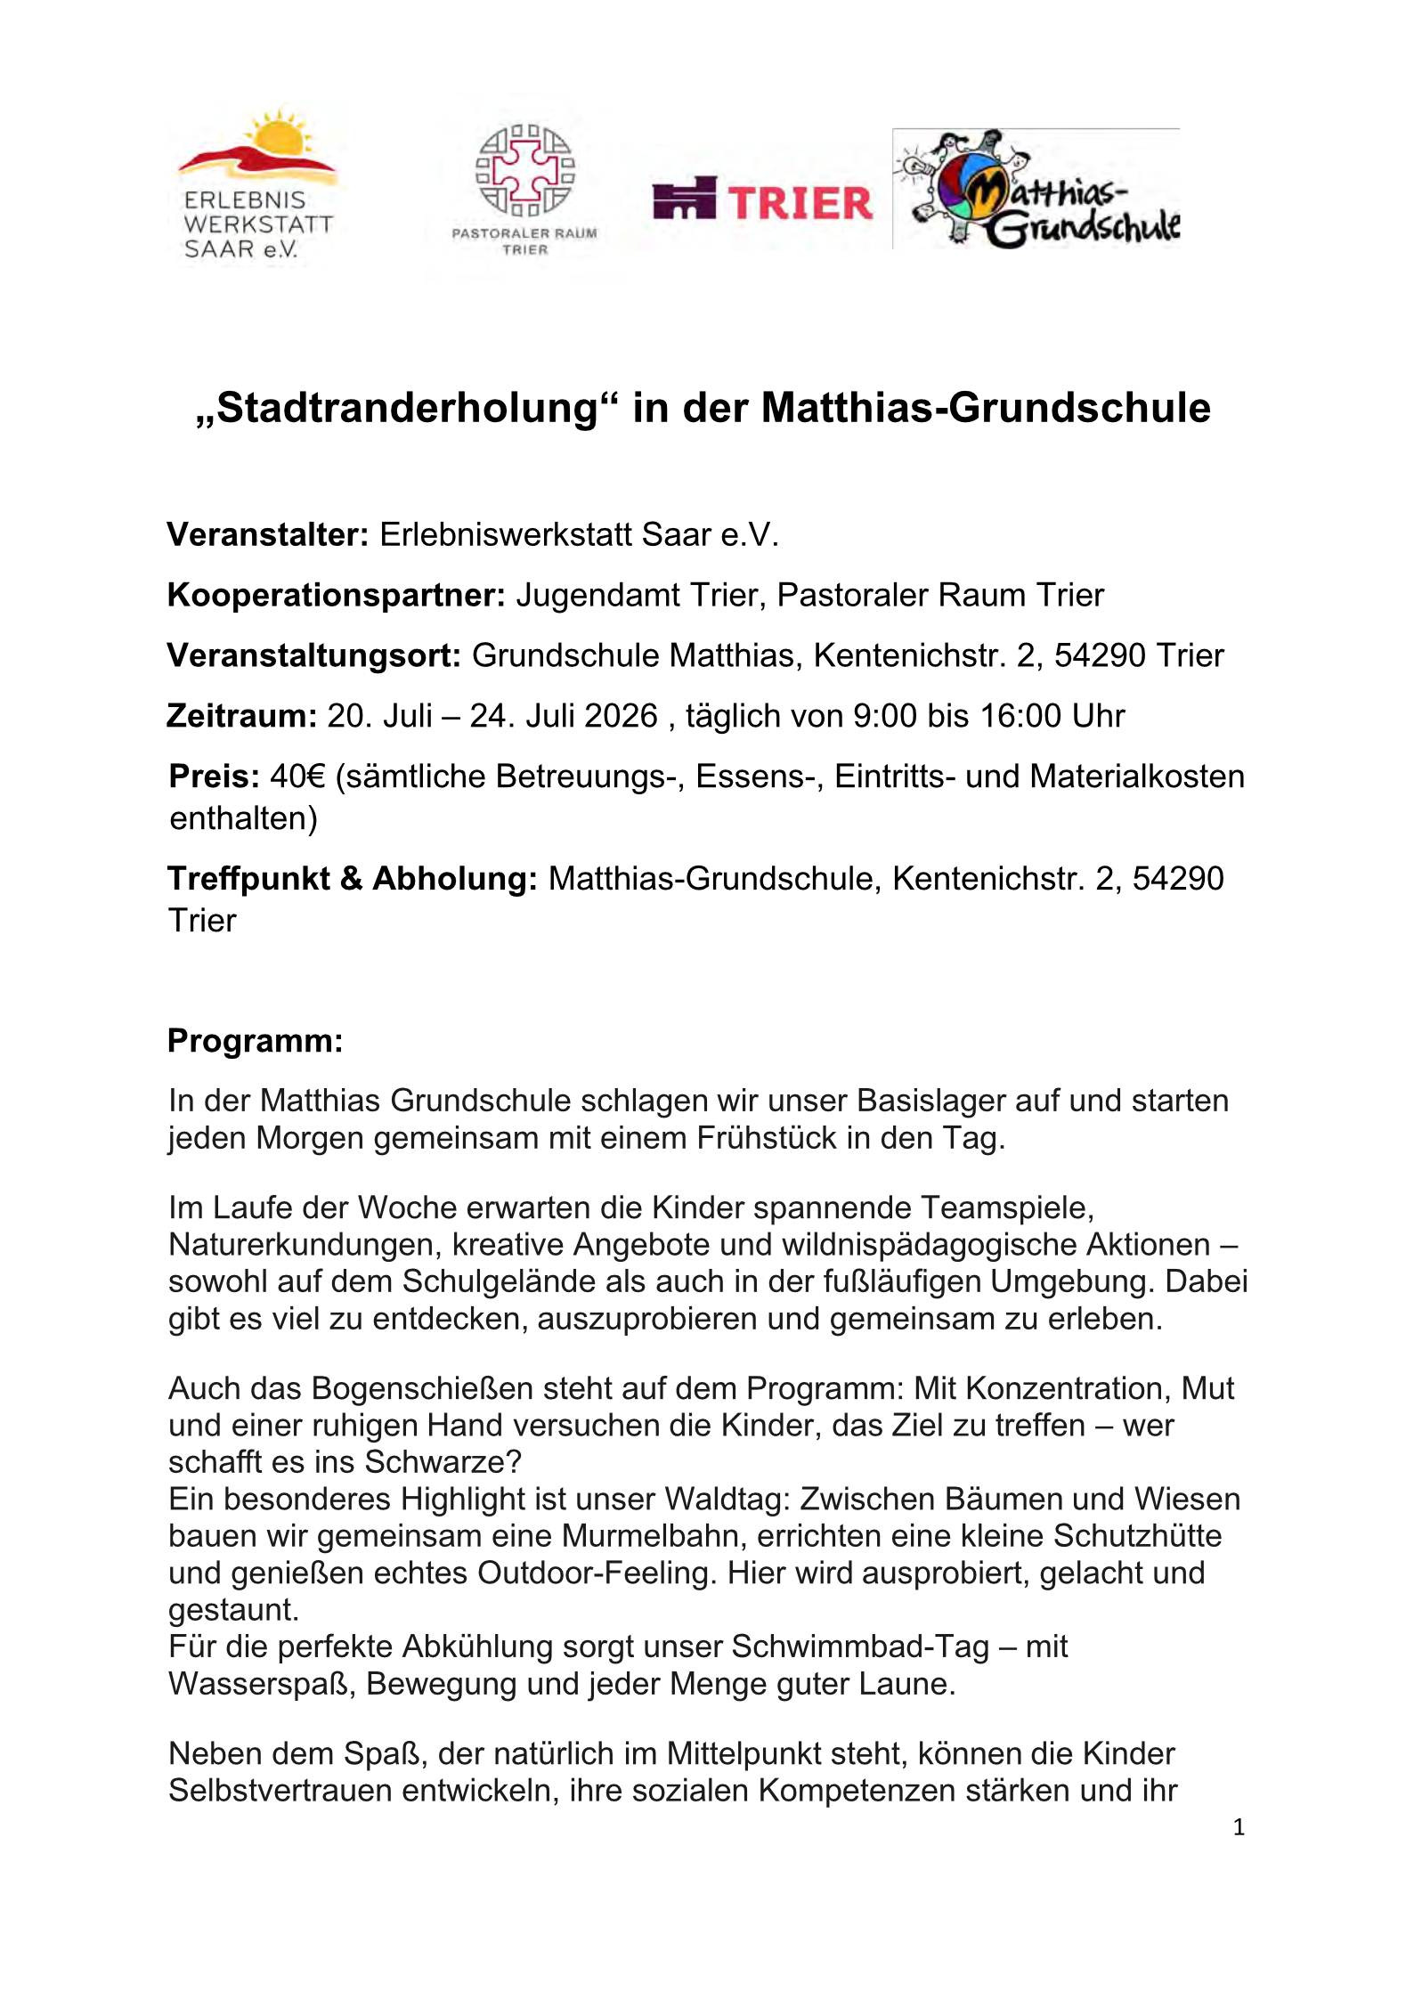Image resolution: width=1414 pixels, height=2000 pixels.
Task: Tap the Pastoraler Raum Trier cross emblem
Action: pyautogui.click(x=524, y=171)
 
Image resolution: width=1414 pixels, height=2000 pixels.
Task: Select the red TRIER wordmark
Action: pyautogui.click(x=800, y=203)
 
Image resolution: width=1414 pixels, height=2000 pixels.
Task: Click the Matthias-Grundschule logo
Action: pyautogui.click(x=1036, y=189)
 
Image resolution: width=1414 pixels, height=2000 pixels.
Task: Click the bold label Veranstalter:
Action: pyautogui.click(x=267, y=535)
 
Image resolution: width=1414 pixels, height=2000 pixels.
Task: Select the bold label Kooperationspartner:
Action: pyautogui.click(x=336, y=596)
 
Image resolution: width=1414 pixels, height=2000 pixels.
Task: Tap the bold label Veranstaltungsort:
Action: pyautogui.click(x=313, y=656)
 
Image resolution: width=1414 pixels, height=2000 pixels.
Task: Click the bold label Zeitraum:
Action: pyautogui.click(x=241, y=717)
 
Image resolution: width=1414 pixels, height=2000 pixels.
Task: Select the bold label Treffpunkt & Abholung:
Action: pyautogui.click(x=352, y=880)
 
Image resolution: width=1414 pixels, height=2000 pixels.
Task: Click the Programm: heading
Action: pyautogui.click(x=255, y=1041)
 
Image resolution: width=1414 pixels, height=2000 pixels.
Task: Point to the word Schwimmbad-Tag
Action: pyautogui.click(x=859, y=1647)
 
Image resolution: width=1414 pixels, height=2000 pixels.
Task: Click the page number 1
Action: pyautogui.click(x=1239, y=1828)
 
